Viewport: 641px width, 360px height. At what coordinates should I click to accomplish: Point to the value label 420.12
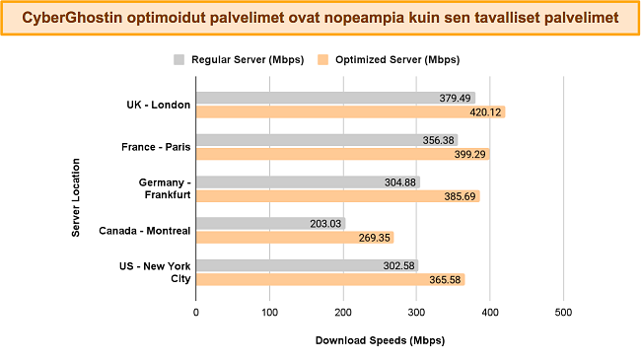[485, 112]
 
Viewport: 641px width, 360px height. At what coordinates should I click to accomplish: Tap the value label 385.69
[460, 196]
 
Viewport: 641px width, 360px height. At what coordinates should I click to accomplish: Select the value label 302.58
[399, 266]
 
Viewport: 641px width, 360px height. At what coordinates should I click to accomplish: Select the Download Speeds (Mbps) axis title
[380, 340]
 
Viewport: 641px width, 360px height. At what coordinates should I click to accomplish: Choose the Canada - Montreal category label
[145, 231]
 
